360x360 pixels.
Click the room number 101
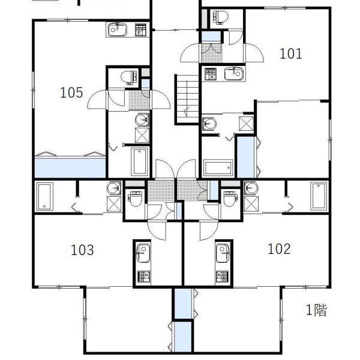coord(290,54)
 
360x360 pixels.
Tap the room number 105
coord(71,93)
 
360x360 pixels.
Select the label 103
coord(82,250)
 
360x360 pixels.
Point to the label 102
coord(279,249)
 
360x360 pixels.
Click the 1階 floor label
coord(316,310)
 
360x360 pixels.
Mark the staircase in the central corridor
coord(187,100)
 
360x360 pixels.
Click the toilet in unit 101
coord(221,17)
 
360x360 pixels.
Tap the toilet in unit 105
coord(130,77)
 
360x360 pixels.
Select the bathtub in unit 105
coord(139,161)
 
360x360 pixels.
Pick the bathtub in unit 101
coord(218,168)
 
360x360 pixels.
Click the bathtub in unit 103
coord(45,196)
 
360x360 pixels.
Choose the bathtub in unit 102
coord(319,196)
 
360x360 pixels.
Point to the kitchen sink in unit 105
coord(118,29)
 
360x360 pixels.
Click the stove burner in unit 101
coord(211,74)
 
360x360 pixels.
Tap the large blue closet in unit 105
coord(70,167)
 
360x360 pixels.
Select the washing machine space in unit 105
coord(142,135)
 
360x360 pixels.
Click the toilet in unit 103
coord(136,199)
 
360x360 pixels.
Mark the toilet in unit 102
coord(230,199)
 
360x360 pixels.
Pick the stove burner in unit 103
coord(143,277)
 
